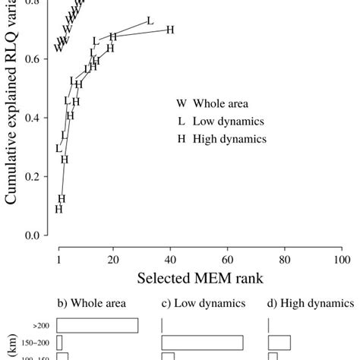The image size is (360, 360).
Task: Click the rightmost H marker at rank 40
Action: [x=170, y=30]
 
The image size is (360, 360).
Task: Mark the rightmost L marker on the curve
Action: [x=149, y=21]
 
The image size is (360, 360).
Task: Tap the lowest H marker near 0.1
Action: [x=58, y=210]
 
